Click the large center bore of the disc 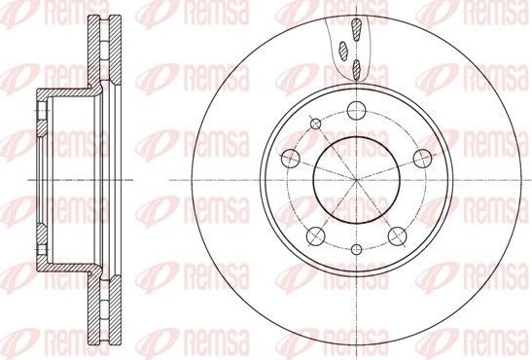point(355,179)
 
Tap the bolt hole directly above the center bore point(355,109)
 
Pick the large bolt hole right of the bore point(421,158)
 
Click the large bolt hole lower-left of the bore point(313,235)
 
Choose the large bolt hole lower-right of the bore point(396,235)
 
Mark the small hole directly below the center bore point(355,251)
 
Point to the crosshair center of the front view point(355,179)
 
